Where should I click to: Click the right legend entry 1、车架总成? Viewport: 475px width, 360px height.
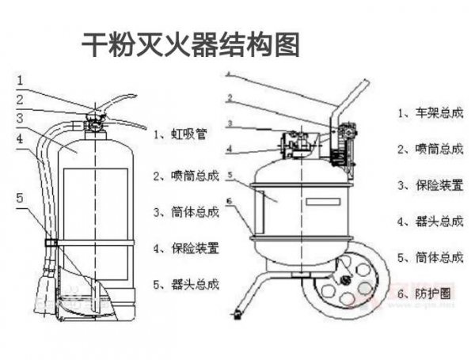pos(429,112)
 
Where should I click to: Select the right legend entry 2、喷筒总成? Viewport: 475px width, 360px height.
pos(429,148)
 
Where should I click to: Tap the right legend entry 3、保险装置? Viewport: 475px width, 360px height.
pos(429,184)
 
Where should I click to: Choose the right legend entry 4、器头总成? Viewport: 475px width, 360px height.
pos(429,221)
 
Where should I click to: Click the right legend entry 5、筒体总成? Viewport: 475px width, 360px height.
pos(429,256)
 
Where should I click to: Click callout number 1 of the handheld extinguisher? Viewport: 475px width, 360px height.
pos(21,79)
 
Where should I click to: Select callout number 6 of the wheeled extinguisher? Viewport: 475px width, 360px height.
pos(228,201)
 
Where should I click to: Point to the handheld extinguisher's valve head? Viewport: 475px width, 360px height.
pos(96,123)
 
